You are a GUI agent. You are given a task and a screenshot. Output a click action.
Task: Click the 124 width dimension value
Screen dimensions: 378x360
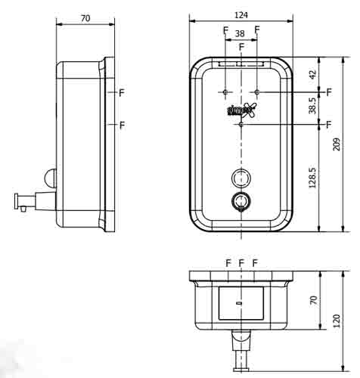241,14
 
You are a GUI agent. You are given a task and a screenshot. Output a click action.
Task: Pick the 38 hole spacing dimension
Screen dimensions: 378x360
241,34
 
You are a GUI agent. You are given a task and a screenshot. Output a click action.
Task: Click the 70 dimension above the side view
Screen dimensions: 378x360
85,17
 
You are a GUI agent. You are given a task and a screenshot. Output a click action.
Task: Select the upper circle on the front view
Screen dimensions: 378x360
241,178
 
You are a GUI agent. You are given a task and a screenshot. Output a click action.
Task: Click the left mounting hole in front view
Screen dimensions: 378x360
225,91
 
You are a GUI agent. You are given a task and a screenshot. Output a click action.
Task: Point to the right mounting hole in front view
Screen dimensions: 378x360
256,91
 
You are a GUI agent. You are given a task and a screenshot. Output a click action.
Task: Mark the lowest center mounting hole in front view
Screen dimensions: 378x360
241,124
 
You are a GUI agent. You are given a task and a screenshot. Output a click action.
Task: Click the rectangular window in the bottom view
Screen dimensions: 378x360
241,302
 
